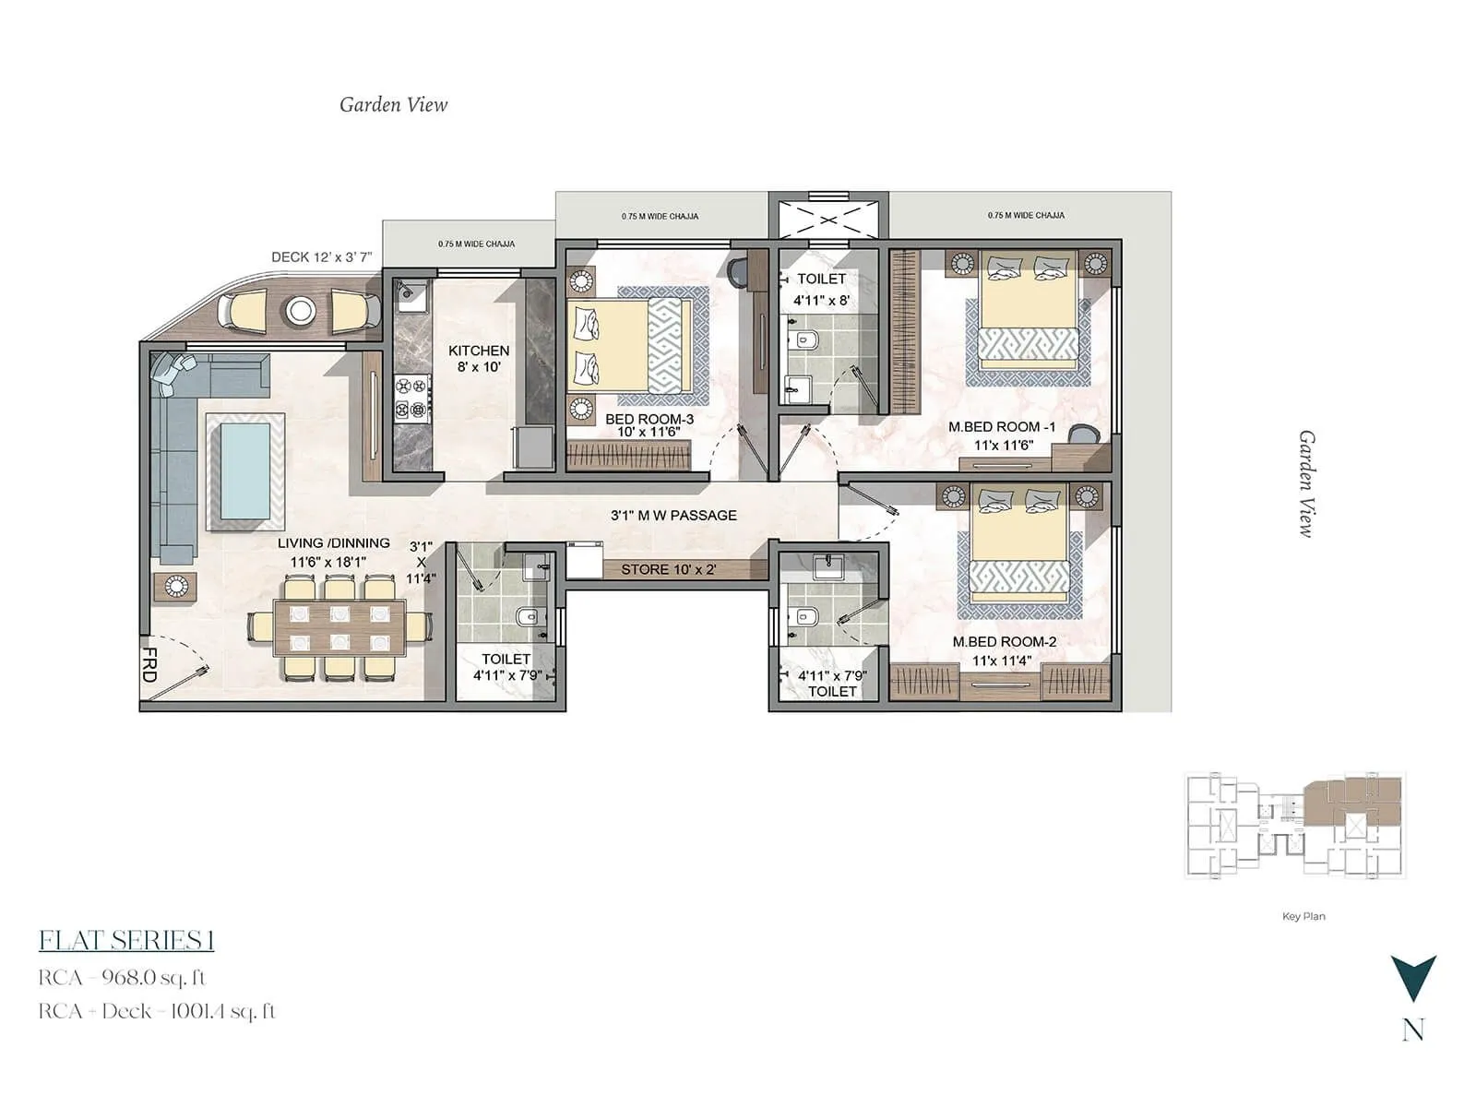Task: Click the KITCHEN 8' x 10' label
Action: click(x=479, y=359)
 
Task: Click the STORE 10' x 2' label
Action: click(x=668, y=570)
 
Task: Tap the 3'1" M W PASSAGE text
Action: click(x=673, y=516)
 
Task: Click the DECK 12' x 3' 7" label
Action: click(x=321, y=257)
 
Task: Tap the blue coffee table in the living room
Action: click(x=245, y=470)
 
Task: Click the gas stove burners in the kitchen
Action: click(x=412, y=399)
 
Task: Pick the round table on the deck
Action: click(x=300, y=311)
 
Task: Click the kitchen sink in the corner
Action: click(x=409, y=295)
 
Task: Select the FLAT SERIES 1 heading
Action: click(x=126, y=941)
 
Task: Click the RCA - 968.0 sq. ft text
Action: click(x=122, y=978)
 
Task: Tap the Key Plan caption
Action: click(x=1303, y=916)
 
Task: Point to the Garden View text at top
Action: click(x=393, y=105)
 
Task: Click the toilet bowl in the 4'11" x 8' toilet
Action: click(x=805, y=340)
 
